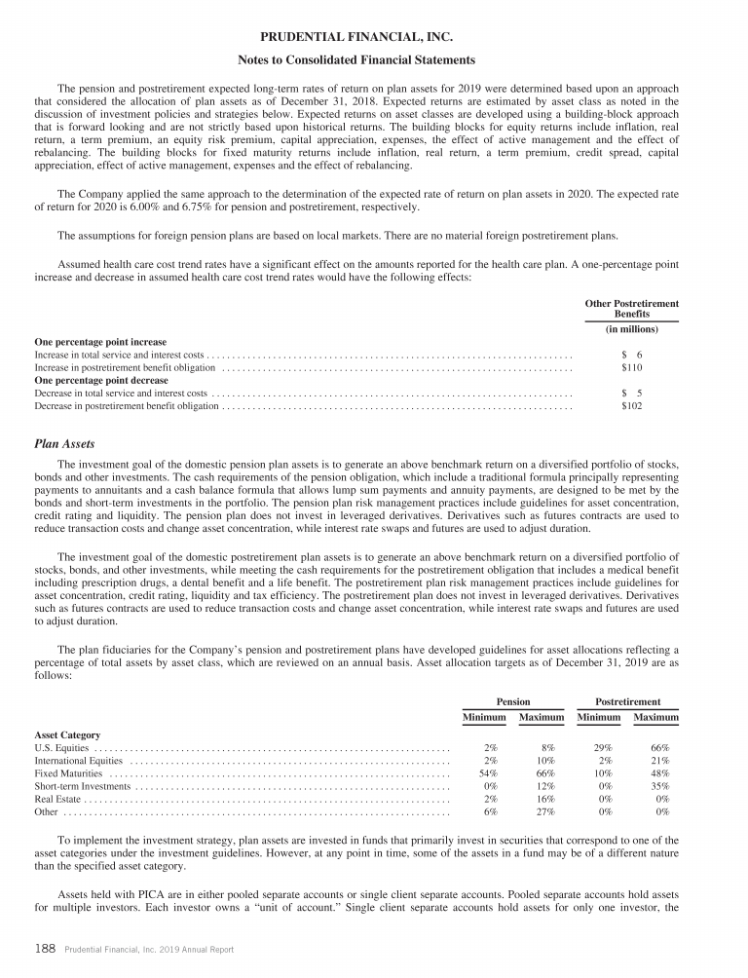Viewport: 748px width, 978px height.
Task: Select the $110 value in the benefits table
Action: (632, 369)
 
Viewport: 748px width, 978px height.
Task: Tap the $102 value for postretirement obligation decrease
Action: (632, 405)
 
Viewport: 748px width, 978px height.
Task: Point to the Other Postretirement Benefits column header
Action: (631, 309)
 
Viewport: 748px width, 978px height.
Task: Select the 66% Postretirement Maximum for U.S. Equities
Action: (659, 747)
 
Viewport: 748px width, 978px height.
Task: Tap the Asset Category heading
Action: (67, 734)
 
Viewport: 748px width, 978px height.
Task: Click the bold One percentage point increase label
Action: (100, 342)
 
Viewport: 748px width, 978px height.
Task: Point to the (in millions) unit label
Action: (631, 330)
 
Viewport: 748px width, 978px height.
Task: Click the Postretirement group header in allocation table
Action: (628, 701)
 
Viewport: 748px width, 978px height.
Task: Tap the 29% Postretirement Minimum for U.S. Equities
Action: (603, 747)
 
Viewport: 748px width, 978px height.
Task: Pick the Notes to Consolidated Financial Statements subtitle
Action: (374, 60)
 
